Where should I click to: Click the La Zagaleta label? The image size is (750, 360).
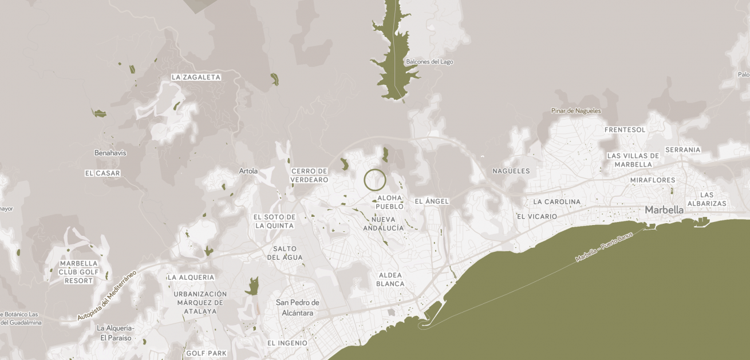[196, 77]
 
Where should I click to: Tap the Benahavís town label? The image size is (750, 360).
[110, 153]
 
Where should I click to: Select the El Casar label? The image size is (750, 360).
[102, 173]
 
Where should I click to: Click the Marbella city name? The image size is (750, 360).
[664, 210]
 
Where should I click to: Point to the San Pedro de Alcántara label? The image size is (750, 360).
[297, 307]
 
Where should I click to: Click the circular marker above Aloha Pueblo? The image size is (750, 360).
[375, 180]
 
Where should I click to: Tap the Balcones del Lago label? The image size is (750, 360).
[429, 62]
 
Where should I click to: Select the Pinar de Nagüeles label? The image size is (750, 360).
[576, 110]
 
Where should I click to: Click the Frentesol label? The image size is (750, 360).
[625, 130]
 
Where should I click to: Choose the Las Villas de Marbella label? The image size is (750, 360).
[633, 160]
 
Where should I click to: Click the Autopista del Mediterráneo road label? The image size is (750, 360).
[108, 295]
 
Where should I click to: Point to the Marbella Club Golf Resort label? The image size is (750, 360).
[79, 272]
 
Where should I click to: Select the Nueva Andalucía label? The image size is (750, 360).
[384, 224]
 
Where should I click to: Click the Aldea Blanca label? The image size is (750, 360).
[391, 279]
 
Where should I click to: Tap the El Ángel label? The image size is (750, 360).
[432, 201]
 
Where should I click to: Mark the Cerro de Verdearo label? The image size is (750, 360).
[309, 175]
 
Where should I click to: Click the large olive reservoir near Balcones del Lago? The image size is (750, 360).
[394, 63]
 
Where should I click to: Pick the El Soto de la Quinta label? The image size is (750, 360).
[274, 221]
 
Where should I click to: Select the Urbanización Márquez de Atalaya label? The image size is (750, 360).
[200, 303]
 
